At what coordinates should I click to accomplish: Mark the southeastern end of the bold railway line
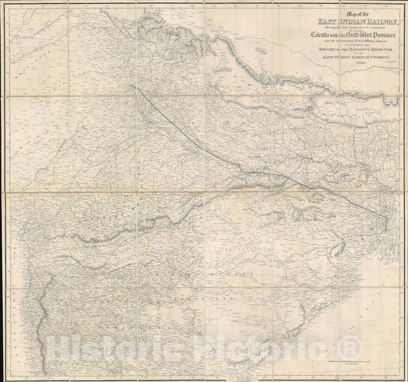[x=387, y=219]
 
